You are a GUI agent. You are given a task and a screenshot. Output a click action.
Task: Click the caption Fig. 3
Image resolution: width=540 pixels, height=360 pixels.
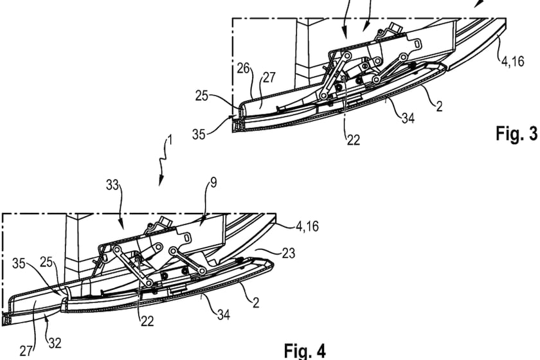[x=516, y=134]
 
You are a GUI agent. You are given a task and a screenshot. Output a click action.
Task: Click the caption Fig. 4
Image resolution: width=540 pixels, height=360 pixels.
[x=305, y=350]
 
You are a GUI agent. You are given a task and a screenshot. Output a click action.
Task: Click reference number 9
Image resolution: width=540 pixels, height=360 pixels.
[x=213, y=183]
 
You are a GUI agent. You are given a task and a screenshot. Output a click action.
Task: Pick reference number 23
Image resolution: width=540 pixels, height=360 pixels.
[x=288, y=254]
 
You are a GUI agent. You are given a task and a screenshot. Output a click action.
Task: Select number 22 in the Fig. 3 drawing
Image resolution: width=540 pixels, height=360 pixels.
[x=353, y=139]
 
